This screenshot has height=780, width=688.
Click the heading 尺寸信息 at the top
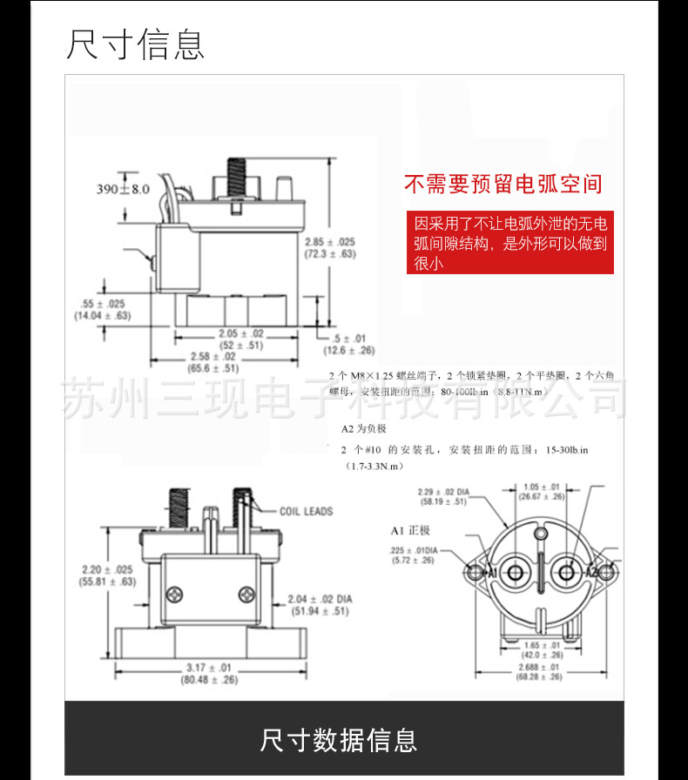136,44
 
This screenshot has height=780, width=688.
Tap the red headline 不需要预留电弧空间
503,185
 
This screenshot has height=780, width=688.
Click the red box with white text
510,242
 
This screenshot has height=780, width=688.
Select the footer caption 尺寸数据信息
339,740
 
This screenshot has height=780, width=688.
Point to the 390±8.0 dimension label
123,188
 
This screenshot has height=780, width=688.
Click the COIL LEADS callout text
307,511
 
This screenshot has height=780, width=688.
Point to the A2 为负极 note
363,429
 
